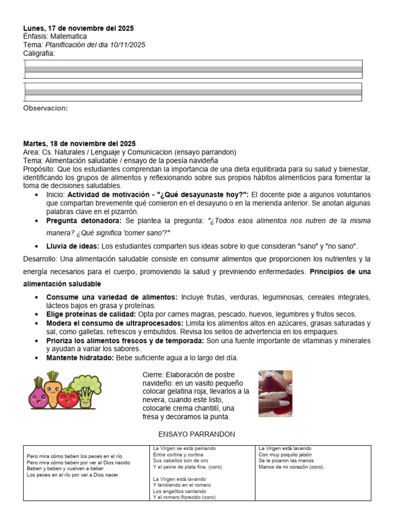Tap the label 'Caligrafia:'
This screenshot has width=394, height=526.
coord(40,53)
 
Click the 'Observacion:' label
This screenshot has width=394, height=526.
coord(46,108)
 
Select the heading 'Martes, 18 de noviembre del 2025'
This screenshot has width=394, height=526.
coord(80,143)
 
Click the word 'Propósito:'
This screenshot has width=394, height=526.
coord(40,169)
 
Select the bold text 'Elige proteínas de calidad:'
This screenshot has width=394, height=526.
coord(91,314)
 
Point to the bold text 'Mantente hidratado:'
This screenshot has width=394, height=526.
coord(80,358)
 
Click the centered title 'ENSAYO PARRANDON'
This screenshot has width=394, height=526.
coord(196,434)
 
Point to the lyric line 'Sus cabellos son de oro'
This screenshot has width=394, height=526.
coord(177,461)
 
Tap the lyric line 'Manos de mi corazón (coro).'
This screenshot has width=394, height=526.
coord(291,467)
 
